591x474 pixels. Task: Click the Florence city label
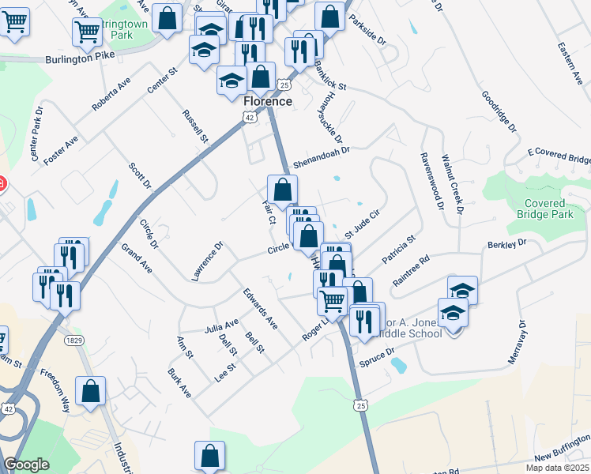[x=268, y=102]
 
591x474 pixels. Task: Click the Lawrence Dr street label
[x=208, y=261]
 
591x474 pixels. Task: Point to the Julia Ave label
[x=221, y=325]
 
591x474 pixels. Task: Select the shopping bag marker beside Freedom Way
[x=90, y=390]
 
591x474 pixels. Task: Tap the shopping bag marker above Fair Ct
[x=282, y=189]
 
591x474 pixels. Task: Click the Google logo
[x=26, y=465]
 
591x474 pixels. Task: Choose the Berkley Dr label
[x=506, y=244]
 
